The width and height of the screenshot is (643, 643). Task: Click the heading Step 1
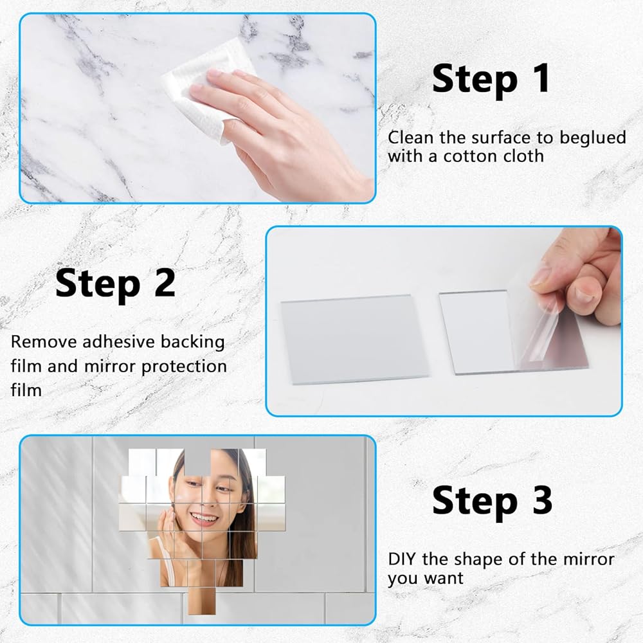(x=491, y=80)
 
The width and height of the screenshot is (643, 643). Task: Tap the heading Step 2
(x=115, y=284)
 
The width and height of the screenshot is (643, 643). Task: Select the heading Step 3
(x=492, y=501)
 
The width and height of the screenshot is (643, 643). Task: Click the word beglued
(x=593, y=138)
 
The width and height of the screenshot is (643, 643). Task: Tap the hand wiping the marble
(x=279, y=131)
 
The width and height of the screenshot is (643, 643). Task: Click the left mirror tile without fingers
(x=355, y=340)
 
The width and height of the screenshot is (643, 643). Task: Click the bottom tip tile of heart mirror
(x=202, y=601)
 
